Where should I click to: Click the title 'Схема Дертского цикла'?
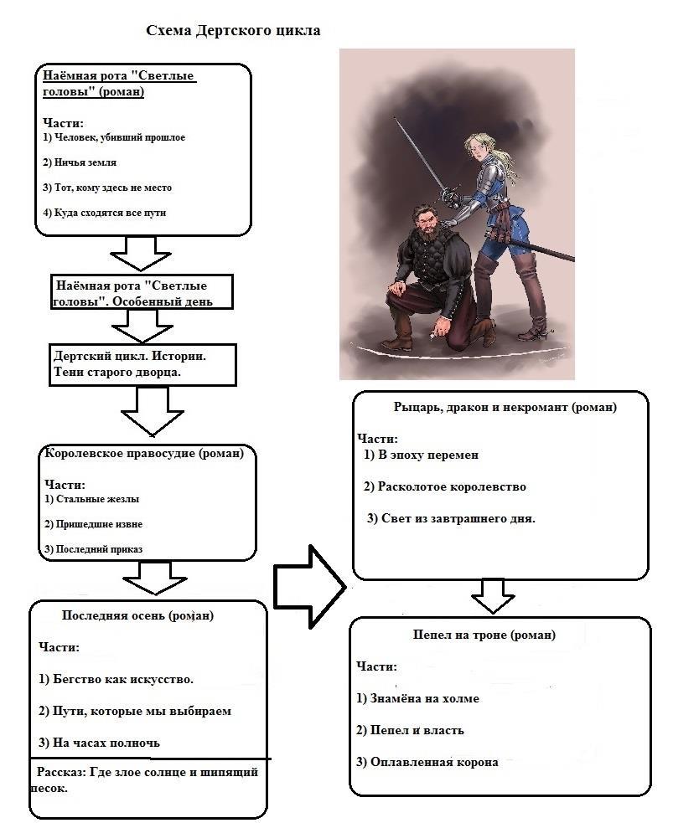(233, 31)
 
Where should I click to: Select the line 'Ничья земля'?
(80, 162)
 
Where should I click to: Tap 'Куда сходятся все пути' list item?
(104, 213)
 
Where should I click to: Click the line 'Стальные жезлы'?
(91, 499)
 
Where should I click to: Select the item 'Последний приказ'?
(93, 549)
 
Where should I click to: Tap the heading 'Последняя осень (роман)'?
(137, 615)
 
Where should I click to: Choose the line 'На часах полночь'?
(99, 743)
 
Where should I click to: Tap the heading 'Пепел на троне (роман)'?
(484, 635)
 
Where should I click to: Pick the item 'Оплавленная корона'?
(427, 762)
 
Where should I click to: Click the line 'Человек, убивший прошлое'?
(113, 137)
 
